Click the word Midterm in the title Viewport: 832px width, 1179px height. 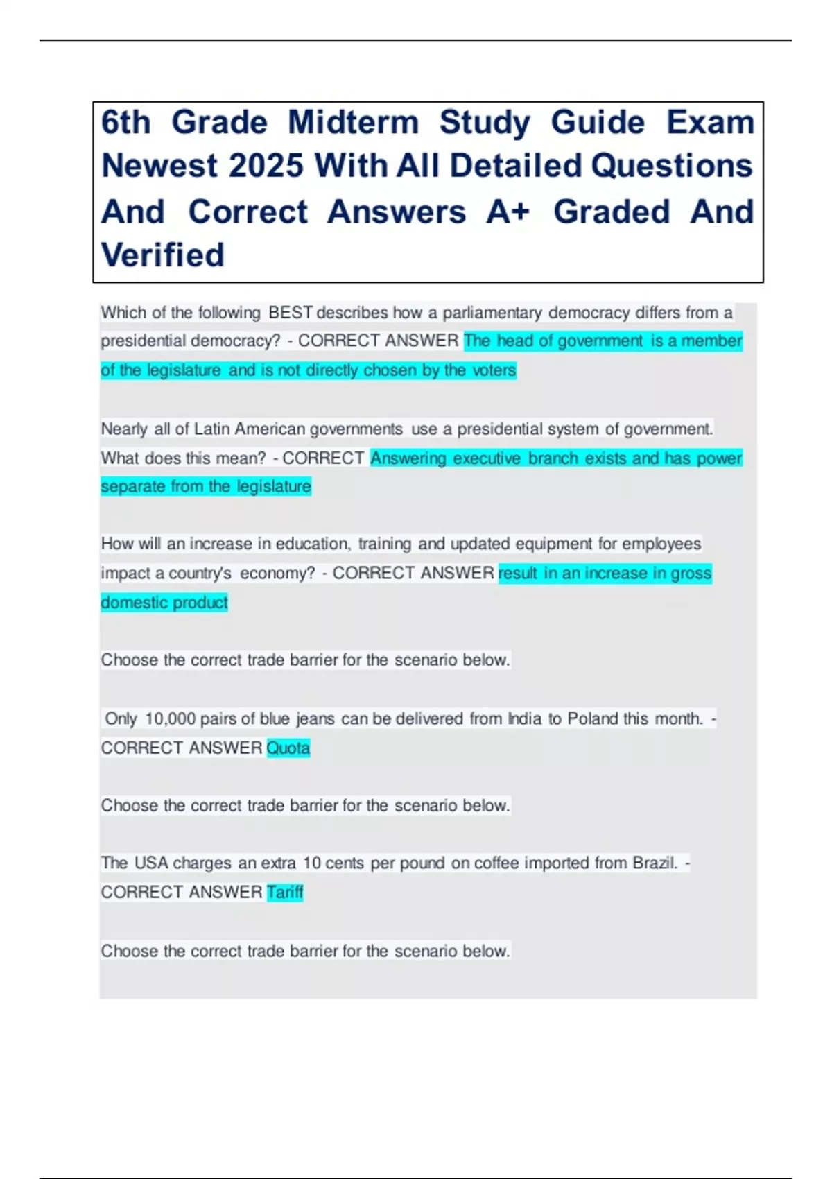(x=353, y=123)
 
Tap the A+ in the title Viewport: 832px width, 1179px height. (x=508, y=212)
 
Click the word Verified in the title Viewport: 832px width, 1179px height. (x=163, y=255)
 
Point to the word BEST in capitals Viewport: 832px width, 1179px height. (x=291, y=313)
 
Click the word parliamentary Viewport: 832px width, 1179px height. (x=492, y=313)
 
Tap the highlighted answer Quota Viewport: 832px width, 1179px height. (x=288, y=748)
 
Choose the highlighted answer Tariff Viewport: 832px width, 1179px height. (x=285, y=892)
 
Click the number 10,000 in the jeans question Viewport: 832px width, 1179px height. (x=171, y=718)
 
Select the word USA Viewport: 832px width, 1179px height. (x=151, y=863)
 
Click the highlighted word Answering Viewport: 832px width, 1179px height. (x=408, y=458)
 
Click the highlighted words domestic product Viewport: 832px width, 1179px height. (x=164, y=602)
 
